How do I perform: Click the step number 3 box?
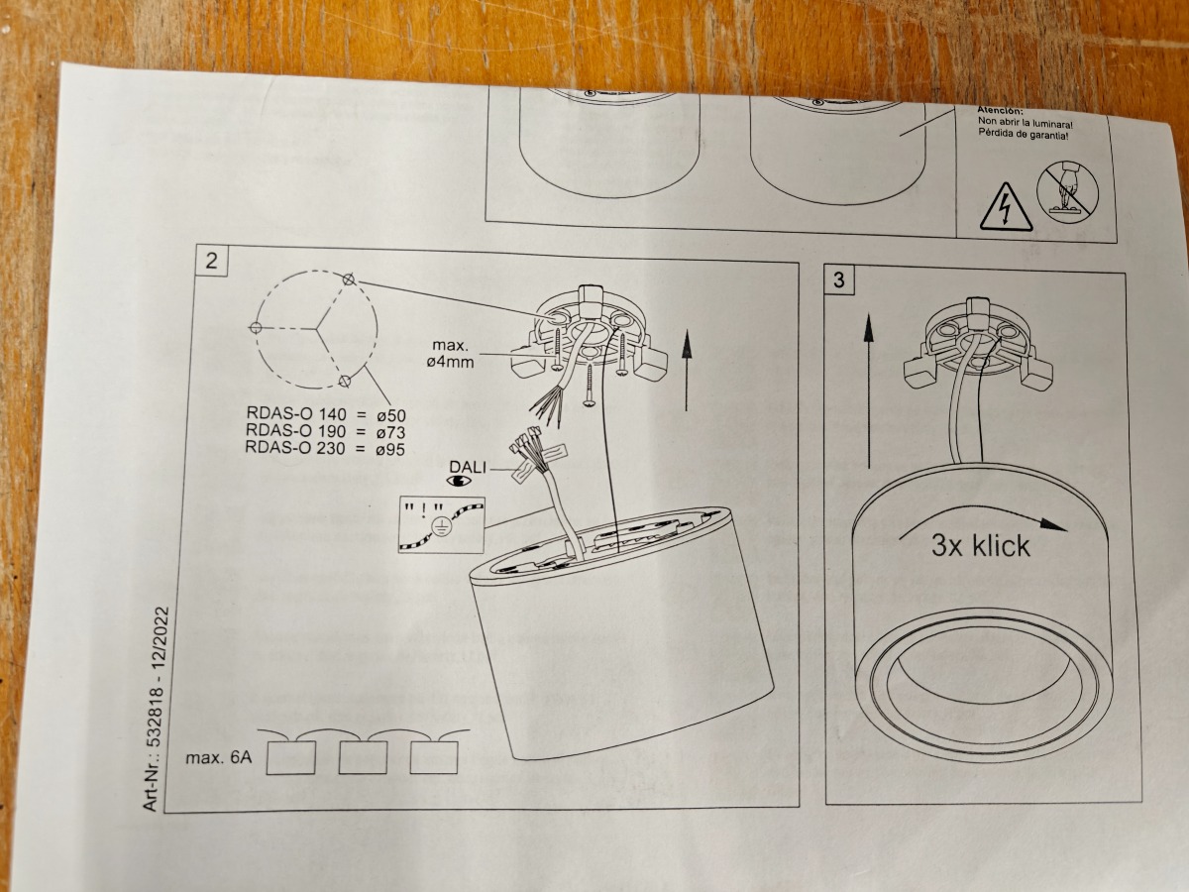click(x=840, y=279)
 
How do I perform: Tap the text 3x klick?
click(x=980, y=545)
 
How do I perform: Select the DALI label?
click(x=469, y=465)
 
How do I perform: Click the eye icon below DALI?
click(x=460, y=482)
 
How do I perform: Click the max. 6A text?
click(x=220, y=759)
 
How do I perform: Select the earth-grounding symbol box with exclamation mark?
click(x=442, y=524)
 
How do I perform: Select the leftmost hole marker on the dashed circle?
click(x=256, y=327)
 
